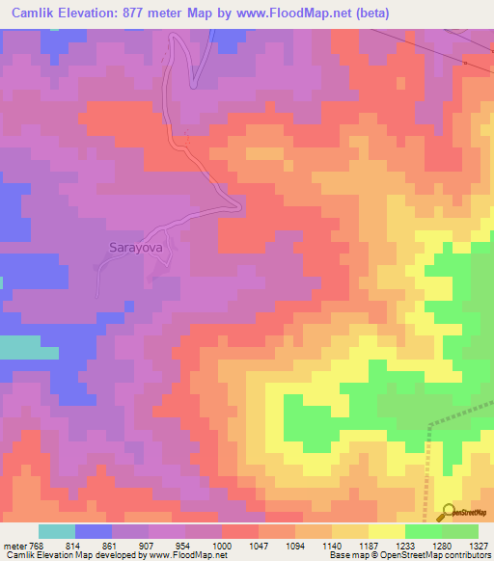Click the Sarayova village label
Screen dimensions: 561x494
(133, 247)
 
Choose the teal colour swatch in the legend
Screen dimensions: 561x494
(57, 532)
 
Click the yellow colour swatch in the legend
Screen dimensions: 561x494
(386, 532)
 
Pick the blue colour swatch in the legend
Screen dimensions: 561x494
(94, 532)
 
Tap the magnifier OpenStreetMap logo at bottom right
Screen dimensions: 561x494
(447, 512)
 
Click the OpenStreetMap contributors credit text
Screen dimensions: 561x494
(443, 555)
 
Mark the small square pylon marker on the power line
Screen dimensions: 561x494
(465, 64)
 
